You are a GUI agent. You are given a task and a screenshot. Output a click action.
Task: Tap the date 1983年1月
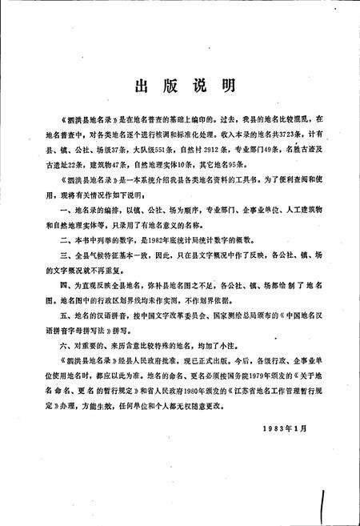[285, 430]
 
